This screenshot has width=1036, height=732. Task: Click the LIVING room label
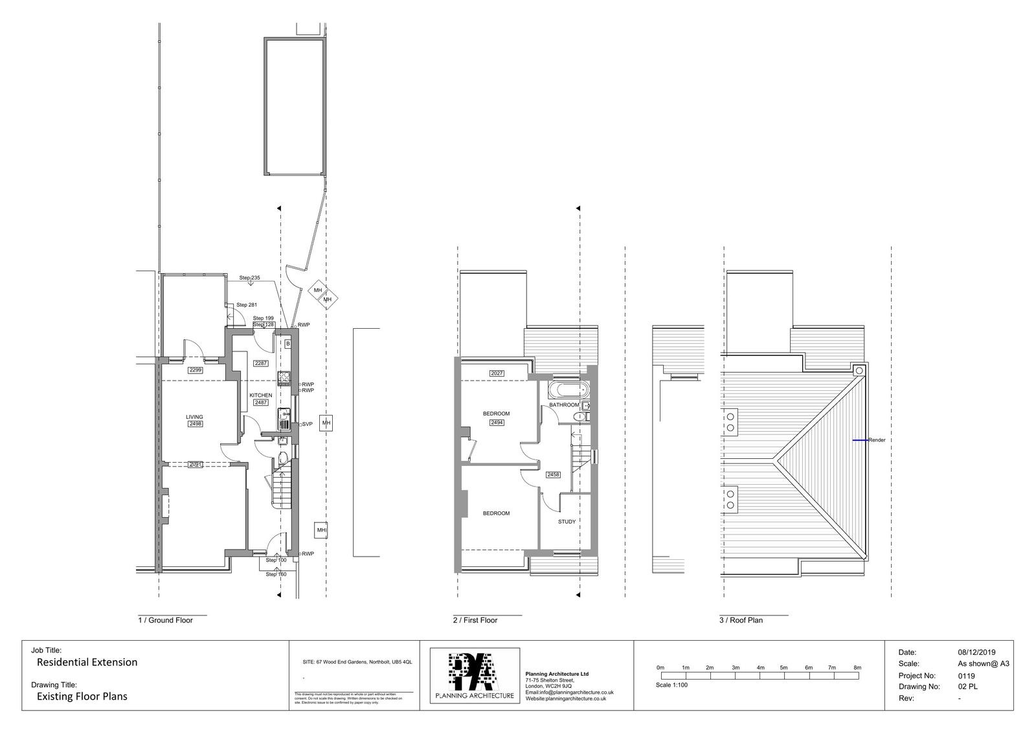(194, 417)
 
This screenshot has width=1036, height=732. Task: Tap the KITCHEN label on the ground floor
(261, 395)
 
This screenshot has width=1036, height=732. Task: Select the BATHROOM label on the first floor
(564, 405)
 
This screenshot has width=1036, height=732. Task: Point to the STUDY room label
(567, 521)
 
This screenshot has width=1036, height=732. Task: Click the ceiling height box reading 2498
(195, 424)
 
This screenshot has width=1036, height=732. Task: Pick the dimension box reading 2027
(497, 373)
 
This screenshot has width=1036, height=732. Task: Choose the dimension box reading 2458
(553, 474)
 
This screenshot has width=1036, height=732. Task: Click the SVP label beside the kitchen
(307, 424)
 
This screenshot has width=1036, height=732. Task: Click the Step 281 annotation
(246, 305)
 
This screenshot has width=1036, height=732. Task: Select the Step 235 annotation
(249, 278)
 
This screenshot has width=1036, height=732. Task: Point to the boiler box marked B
(287, 344)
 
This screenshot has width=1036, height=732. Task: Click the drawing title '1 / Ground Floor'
(166, 620)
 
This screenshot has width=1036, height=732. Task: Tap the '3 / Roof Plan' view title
(742, 620)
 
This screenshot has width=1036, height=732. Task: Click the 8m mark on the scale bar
(857, 667)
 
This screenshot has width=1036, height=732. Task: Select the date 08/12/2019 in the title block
(976, 652)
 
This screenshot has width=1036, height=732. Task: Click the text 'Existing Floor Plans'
(82, 696)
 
